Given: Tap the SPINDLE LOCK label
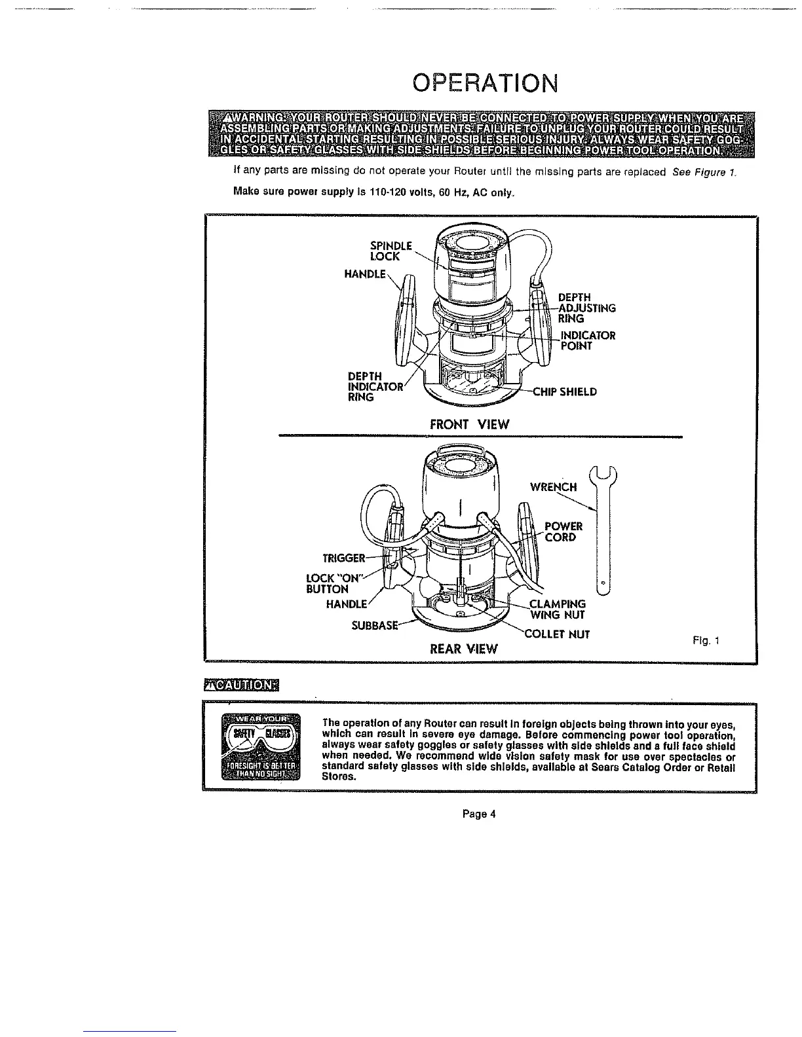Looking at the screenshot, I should click(x=391, y=251).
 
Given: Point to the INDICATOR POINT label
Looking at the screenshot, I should click(x=588, y=340).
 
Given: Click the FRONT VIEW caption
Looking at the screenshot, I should click(x=469, y=424).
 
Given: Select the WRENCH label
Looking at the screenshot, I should click(x=553, y=487).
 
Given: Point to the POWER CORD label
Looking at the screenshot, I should click(x=563, y=532).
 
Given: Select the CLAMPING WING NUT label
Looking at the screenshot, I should click(x=557, y=609).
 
